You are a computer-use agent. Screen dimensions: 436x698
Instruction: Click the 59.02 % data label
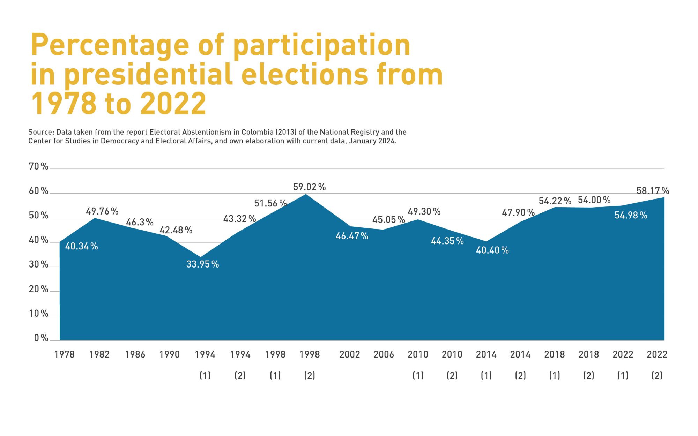(309, 187)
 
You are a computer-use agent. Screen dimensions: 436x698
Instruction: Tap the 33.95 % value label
(202, 264)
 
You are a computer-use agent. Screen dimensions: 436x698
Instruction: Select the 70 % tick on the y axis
(38, 166)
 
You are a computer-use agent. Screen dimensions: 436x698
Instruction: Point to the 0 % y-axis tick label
(41, 338)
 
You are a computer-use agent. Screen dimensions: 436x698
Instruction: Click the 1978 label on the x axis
(64, 354)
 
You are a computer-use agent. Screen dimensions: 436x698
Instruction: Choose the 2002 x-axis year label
(349, 354)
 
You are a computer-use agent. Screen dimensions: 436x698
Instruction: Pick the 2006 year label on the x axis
(384, 354)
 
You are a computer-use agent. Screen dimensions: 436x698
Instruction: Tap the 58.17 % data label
(653, 191)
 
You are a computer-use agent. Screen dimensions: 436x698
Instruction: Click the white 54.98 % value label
(631, 216)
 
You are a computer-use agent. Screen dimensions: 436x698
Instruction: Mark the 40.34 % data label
(81, 246)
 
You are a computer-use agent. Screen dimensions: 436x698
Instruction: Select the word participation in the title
(321, 45)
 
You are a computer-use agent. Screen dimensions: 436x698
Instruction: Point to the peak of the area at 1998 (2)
(306, 194)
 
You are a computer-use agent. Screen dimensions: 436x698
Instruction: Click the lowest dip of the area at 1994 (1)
(200, 257)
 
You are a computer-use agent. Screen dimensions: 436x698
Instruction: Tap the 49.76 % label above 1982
(102, 211)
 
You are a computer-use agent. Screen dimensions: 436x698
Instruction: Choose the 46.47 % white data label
(352, 236)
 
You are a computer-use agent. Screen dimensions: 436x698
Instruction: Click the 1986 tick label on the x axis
(135, 354)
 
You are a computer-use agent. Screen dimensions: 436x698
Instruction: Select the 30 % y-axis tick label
(38, 264)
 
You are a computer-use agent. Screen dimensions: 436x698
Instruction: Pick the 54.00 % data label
(594, 200)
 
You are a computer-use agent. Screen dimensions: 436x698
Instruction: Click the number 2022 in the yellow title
(173, 104)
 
